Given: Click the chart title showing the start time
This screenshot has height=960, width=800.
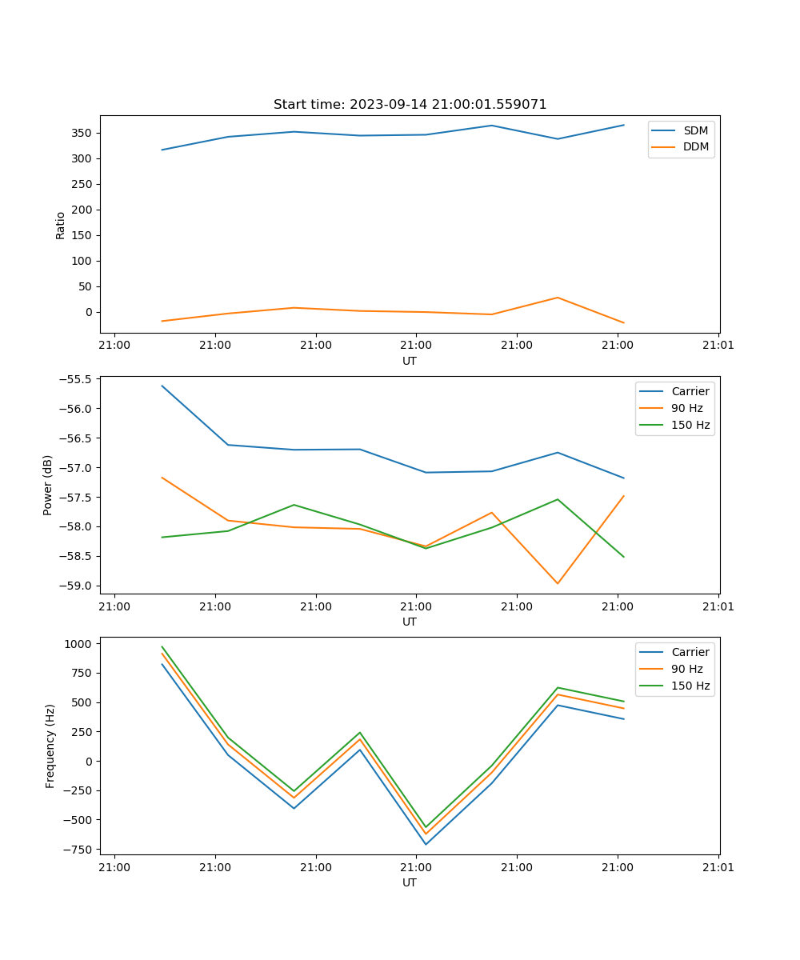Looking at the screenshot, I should coord(410,105).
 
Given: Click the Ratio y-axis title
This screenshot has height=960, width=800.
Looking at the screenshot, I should coord(61,225).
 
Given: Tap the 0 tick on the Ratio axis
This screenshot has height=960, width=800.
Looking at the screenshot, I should coord(90,312).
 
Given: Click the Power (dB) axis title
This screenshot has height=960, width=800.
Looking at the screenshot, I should coord(48,485).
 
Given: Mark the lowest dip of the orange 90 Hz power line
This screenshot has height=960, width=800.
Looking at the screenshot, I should coord(558,583).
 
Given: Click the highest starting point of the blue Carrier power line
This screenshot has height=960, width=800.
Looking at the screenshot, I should coord(162,386).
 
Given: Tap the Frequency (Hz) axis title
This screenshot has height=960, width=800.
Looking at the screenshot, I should coord(50,746).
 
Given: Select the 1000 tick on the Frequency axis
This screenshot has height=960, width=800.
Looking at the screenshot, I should coord(80,644).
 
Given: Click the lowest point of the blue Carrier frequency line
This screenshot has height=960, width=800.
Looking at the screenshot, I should coord(426,844).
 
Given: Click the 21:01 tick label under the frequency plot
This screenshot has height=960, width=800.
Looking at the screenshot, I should coord(718,867).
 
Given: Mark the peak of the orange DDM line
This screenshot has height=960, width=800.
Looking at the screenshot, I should coord(558,298).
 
